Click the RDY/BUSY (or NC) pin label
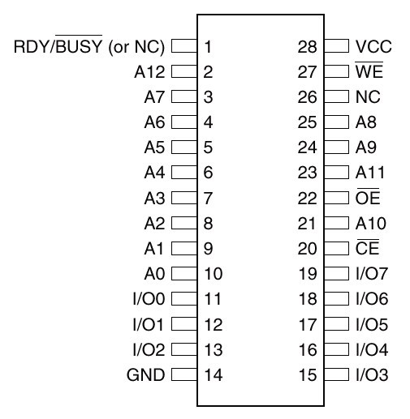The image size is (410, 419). (89, 45)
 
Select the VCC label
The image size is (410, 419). (373, 46)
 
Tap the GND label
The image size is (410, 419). (145, 375)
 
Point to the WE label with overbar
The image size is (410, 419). (369, 70)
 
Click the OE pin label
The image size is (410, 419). (368, 196)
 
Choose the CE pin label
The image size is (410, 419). (367, 247)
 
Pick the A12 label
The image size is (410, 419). (149, 72)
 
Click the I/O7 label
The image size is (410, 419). (372, 273)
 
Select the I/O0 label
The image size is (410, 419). (149, 299)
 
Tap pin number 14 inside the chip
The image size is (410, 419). (214, 375)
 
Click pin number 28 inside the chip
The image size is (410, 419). (307, 46)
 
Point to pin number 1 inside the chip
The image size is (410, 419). (208, 46)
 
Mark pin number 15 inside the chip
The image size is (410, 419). (308, 375)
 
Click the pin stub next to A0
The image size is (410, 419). (184, 273)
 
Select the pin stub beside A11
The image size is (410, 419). (336, 173)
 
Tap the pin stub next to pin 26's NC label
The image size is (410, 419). (336, 96)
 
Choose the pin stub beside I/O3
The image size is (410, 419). (336, 375)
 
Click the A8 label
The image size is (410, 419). (366, 122)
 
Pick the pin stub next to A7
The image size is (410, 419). (184, 96)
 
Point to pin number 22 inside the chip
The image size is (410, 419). (307, 198)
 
